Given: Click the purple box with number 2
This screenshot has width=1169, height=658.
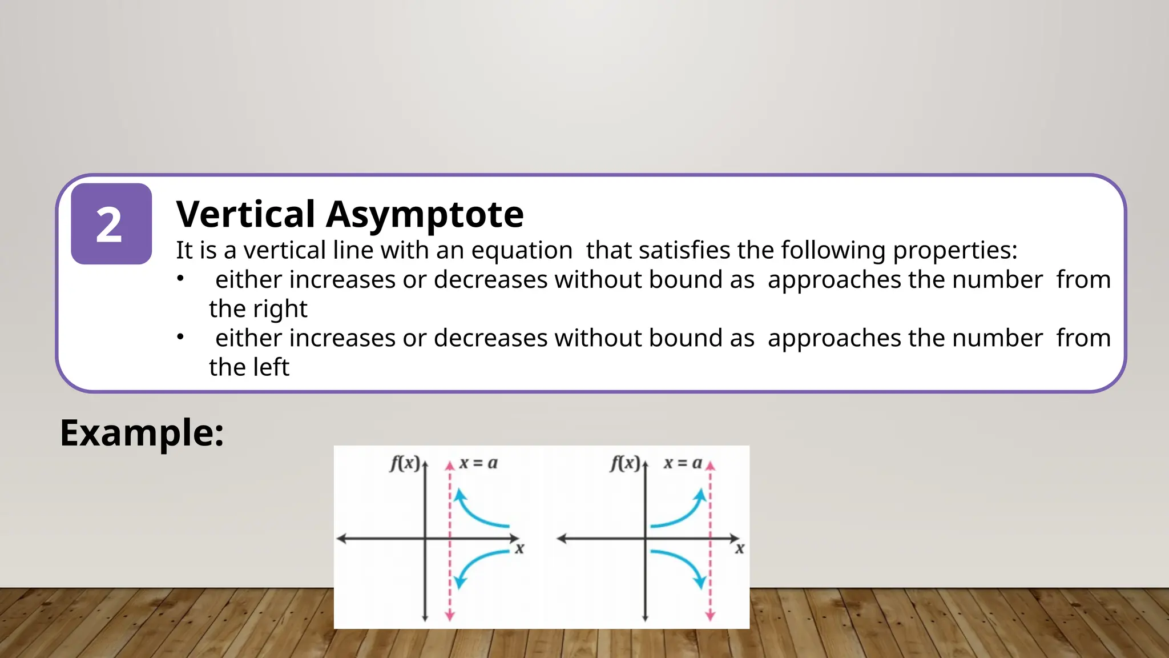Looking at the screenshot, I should coord(111,224).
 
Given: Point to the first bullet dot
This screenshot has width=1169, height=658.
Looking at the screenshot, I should coord(180,279).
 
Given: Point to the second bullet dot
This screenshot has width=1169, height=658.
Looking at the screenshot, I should coord(180,337).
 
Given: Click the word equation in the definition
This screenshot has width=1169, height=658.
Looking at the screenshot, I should coord(522,250).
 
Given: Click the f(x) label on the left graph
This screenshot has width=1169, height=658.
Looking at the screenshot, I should coord(405,463).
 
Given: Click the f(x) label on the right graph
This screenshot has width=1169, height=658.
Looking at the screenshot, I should coord(625,463).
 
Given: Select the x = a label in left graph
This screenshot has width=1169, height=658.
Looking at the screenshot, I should coord(478,463).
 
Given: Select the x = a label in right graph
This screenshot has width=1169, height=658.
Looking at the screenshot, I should coord(683,463).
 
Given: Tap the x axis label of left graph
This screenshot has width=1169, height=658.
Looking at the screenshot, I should coord(519,549).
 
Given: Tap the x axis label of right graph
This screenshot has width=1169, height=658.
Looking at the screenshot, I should coord(740,549).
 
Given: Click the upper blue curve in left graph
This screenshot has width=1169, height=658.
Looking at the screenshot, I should coord(477,515).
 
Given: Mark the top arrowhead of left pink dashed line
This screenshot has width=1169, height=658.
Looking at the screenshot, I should coord(450,465).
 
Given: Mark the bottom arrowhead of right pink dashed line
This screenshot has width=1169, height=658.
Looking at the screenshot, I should coord(710,616).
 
